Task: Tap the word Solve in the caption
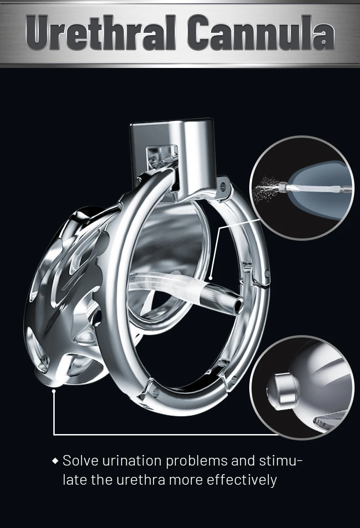point(80,461)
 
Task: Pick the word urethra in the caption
point(141,480)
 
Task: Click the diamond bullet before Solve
point(56,461)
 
